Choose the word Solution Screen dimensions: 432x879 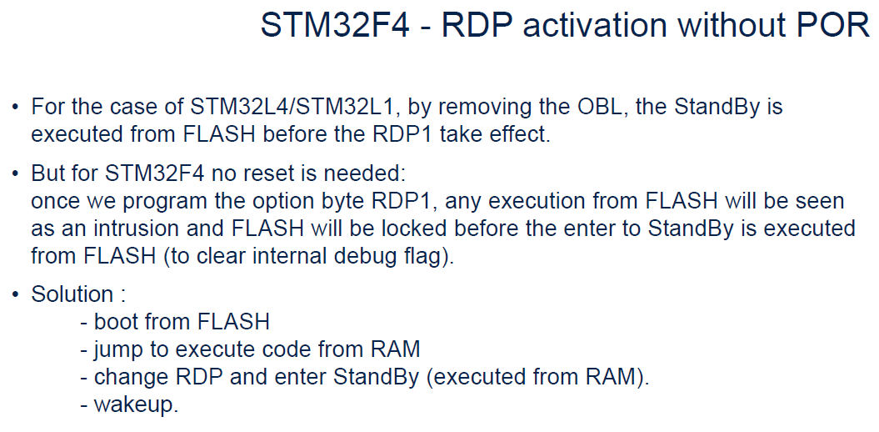(72, 294)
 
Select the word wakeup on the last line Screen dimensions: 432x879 (136, 404)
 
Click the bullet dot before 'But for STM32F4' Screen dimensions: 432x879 (14, 175)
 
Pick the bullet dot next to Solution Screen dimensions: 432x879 (14, 295)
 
